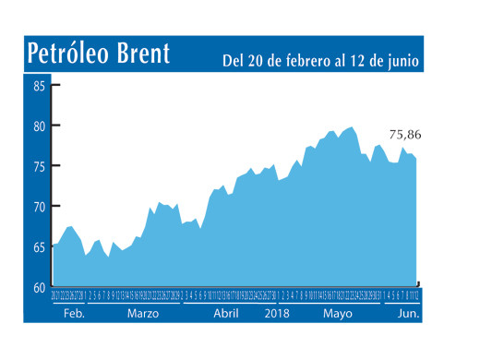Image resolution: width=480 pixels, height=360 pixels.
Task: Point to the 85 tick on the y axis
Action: (39, 87)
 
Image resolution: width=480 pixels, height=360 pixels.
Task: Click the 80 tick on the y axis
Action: (39, 126)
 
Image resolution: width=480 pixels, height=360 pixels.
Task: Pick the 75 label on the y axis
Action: (39, 166)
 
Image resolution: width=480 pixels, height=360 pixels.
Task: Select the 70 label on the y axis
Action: (39, 207)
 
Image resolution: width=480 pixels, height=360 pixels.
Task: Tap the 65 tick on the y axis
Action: (39, 247)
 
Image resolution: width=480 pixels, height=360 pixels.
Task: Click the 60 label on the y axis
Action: (39, 287)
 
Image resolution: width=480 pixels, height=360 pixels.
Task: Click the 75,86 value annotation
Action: (407, 136)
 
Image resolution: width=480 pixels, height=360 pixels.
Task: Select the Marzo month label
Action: (143, 314)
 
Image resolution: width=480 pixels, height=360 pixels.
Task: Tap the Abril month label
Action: (226, 314)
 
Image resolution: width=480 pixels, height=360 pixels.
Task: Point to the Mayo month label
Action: (337, 314)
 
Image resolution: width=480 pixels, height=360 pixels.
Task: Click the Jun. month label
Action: (407, 314)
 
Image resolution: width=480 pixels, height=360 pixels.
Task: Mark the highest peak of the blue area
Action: (351, 127)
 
